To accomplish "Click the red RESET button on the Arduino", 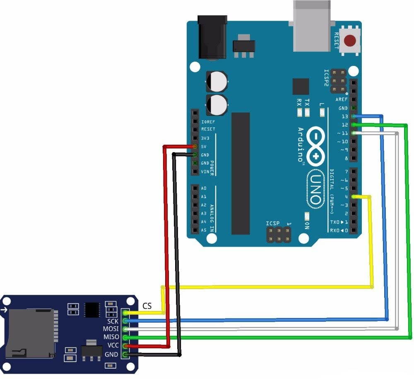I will pyautogui.click(x=351, y=41).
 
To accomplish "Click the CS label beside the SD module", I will pyautogui.click(x=147, y=306).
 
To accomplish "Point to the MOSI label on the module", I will pyautogui.click(x=111, y=329).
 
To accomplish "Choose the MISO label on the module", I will pyautogui.click(x=111, y=337).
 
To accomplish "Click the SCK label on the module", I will pyautogui.click(x=113, y=321).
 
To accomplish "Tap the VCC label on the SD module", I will pyautogui.click(x=113, y=345).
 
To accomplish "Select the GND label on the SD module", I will pyautogui.click(x=112, y=354).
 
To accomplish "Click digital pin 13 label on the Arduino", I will pyautogui.click(x=344, y=117).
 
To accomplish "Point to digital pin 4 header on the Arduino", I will pyautogui.click(x=354, y=197).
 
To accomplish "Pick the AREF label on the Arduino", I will pyautogui.click(x=342, y=100).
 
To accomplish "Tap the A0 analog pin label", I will pyautogui.click(x=204, y=188).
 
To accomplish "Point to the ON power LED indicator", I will pyautogui.click(x=307, y=216).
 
